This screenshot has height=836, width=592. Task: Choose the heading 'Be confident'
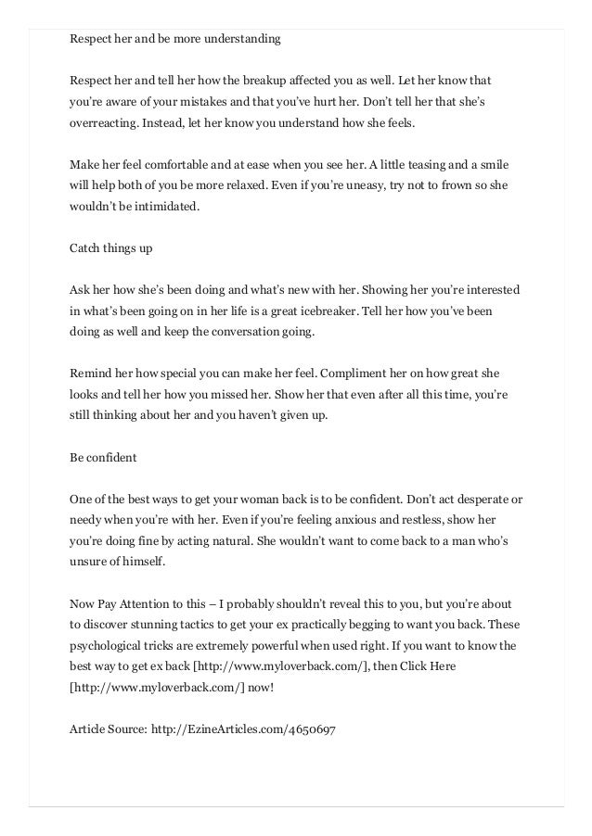coord(103,457)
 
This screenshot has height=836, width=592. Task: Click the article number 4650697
coord(312,729)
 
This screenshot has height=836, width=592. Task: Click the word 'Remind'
coord(91,374)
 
